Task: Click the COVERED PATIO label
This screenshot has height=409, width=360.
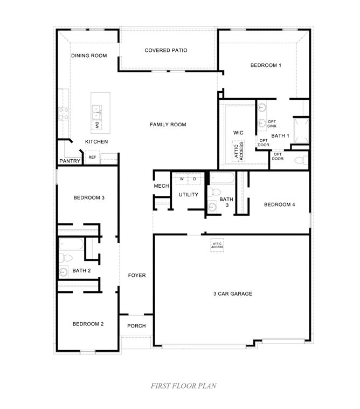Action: tap(165, 50)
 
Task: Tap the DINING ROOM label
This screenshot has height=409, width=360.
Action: tap(89, 56)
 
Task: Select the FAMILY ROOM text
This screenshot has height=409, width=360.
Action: tap(168, 125)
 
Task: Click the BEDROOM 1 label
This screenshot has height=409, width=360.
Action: tap(266, 65)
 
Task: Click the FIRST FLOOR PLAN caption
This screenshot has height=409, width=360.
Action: tap(183, 386)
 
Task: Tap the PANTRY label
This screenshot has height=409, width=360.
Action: tap(70, 161)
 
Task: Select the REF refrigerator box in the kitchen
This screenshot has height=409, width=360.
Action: tap(92, 158)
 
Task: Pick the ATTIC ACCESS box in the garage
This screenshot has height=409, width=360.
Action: tap(217, 244)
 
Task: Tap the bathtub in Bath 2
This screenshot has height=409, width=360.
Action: tap(71, 246)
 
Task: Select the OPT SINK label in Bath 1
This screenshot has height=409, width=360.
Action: tap(272, 124)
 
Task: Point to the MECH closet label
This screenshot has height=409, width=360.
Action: tap(162, 186)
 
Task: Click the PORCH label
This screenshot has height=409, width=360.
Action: tap(136, 325)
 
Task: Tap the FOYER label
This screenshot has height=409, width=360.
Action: tap(137, 275)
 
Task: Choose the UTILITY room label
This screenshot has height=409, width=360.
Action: tap(189, 195)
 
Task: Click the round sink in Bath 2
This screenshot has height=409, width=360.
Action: tap(64, 271)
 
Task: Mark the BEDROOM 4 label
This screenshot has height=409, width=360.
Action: tap(279, 204)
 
